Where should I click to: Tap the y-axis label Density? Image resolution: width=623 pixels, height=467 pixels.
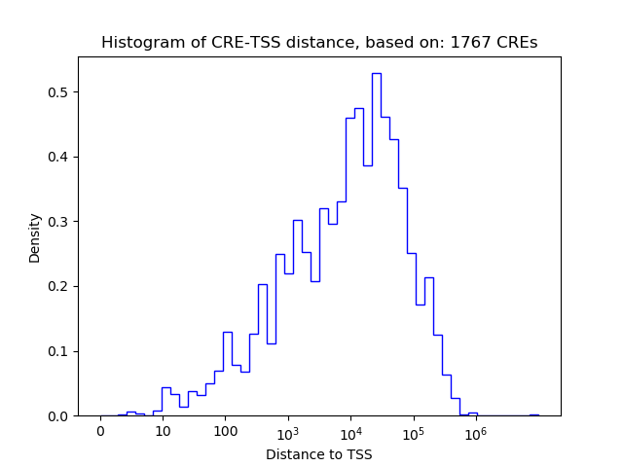click(x=35, y=236)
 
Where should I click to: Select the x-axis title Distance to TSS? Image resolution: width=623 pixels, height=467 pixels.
click(x=319, y=454)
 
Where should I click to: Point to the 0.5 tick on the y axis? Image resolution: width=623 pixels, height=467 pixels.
click(x=60, y=92)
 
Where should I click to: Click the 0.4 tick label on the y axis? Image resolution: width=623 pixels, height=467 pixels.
click(x=60, y=157)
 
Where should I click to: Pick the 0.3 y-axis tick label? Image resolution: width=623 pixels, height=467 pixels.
click(x=60, y=222)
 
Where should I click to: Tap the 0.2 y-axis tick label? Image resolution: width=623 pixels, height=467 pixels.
click(x=60, y=286)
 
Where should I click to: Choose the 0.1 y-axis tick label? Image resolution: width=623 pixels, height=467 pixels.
click(x=60, y=351)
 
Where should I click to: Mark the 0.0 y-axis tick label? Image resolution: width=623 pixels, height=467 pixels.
click(x=60, y=416)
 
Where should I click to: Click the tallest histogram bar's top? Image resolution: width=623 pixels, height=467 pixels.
click(x=376, y=73)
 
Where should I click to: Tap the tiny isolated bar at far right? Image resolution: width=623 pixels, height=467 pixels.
click(x=533, y=414)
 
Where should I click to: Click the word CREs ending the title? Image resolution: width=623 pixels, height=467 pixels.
click(x=518, y=43)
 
